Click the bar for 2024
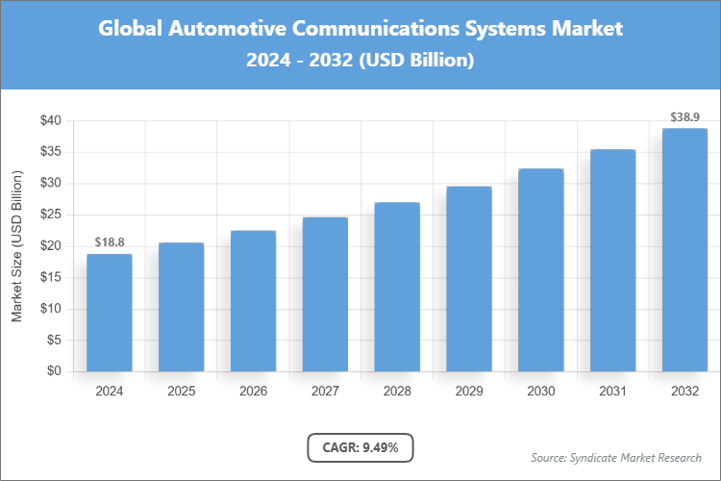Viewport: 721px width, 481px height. pos(109,313)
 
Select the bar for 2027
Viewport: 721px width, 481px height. pos(325,294)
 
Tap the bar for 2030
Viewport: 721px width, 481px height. pos(541,270)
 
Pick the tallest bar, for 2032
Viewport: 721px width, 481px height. pos(684,250)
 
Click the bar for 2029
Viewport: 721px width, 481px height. pos(469,279)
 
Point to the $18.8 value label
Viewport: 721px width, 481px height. pos(109,242)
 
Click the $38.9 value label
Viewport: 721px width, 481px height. pos(684,117)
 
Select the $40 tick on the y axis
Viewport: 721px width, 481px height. pos(51,120)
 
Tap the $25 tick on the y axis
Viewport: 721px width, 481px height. pos(51,215)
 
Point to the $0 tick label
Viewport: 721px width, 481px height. pos(55,371)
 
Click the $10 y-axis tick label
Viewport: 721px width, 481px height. pos(51,309)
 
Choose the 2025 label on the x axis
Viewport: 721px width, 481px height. pos(181,392)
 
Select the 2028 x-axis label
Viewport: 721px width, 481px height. pos(397,392)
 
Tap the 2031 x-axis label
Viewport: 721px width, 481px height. pos(612,392)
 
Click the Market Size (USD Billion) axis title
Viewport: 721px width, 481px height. pos(16,246)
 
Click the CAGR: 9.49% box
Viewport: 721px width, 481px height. pos(360,447)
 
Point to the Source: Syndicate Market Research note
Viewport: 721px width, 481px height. pos(616,457)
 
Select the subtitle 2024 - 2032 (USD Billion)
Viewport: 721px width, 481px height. pos(360,60)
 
